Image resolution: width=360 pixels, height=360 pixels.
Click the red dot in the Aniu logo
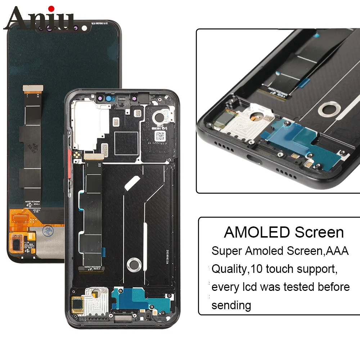[x=51, y=8]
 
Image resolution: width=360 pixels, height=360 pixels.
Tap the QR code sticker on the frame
[x=160, y=136]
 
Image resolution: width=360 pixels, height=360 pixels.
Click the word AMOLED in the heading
[x=257, y=232]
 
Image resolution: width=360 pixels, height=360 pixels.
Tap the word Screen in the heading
[x=319, y=232]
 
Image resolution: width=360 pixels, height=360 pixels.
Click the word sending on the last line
[x=231, y=305]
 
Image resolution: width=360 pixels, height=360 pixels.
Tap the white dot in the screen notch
[x=84, y=27]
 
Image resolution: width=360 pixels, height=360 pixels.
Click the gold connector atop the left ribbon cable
[x=32, y=88]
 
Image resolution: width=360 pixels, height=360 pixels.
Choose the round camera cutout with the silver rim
[x=158, y=117]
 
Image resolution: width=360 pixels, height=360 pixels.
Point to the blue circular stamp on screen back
[x=46, y=230]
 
